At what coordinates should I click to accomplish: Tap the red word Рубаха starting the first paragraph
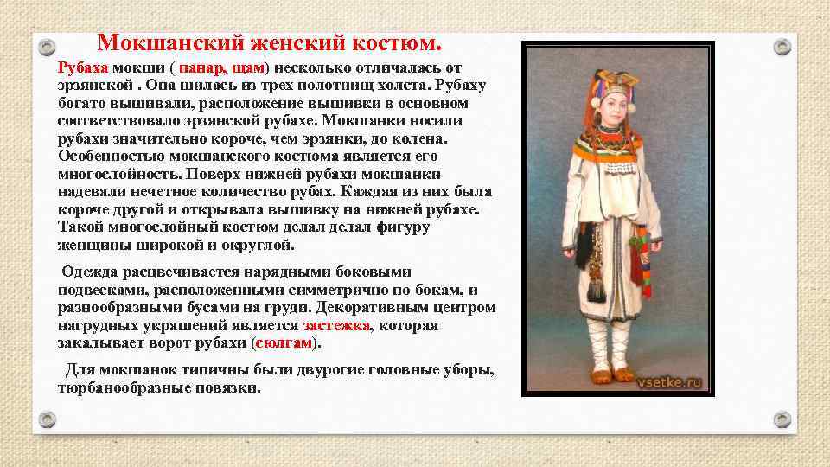[x=83, y=67]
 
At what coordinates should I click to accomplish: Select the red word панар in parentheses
[x=205, y=67]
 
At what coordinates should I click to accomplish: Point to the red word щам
[x=249, y=67]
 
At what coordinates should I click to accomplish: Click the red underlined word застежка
[x=335, y=326]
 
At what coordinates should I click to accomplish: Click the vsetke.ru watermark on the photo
[x=669, y=381]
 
